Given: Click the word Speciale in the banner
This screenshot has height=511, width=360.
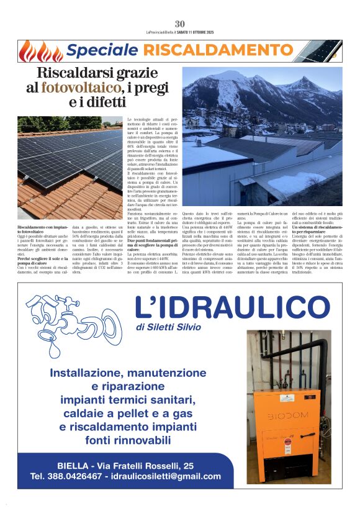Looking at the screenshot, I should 96,51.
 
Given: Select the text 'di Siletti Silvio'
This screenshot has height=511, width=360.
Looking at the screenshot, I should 169,327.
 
